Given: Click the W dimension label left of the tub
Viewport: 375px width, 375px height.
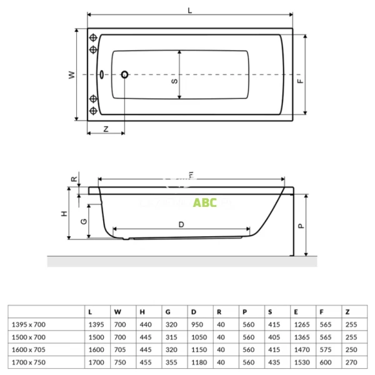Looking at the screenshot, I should (72, 75).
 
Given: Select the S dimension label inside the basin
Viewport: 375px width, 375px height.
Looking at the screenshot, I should (174, 81).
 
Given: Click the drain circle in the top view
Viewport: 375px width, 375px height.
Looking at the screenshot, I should (124, 75).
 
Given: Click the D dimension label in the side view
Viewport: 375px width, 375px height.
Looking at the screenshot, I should (181, 224).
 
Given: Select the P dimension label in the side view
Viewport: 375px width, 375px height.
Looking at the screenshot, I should (300, 226).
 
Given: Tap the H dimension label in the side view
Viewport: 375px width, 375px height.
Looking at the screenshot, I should (64, 214).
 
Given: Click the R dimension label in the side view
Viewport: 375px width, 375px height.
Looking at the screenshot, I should (74, 179).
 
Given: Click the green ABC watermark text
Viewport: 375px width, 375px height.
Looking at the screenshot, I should (204, 203).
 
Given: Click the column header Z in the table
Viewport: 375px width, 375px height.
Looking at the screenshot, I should (347, 311).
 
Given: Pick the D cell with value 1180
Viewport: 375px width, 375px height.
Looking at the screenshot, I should (197, 362).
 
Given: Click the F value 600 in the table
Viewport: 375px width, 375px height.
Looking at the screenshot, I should (324, 362).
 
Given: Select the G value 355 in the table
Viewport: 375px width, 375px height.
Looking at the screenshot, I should (171, 362).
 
